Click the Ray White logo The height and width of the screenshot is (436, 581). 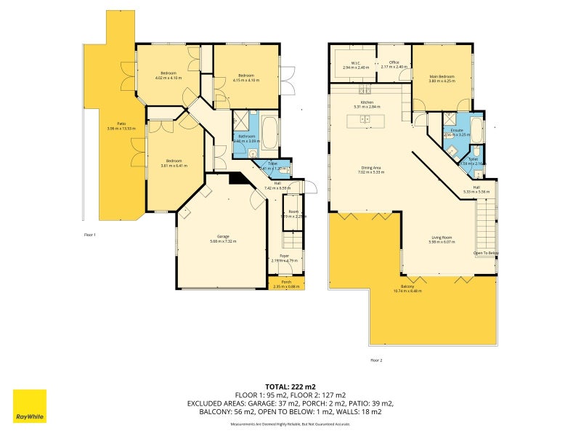(x=30, y=406)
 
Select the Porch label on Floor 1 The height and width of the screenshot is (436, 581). (x=286, y=283)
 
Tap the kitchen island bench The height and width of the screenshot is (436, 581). (x=367, y=120)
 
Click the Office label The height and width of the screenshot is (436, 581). (x=394, y=63)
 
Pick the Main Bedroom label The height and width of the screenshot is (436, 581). (x=442, y=77)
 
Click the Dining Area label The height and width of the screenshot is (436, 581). (x=373, y=169)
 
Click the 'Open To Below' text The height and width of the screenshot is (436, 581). (x=486, y=253)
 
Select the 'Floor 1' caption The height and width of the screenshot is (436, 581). (x=90, y=235)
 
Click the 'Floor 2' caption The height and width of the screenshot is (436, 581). (x=375, y=360)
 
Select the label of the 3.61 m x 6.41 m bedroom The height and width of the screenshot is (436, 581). (x=174, y=162)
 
